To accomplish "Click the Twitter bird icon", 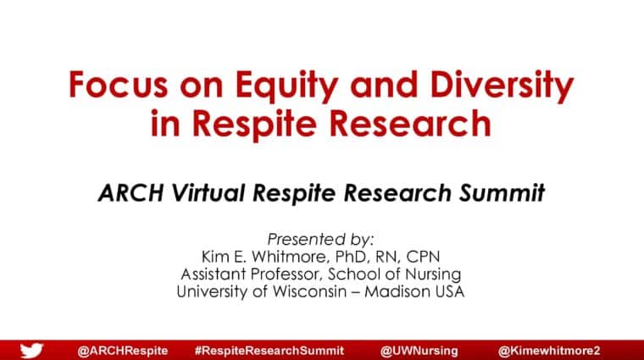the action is (31, 351).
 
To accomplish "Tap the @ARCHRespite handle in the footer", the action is (122, 351).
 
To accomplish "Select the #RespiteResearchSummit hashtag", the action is (269, 351).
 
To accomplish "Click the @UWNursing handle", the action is (419, 351).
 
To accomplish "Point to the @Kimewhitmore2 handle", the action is (549, 351).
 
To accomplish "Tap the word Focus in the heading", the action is (119, 85).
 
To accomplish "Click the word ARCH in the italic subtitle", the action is (131, 192).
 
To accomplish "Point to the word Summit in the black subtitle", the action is (502, 192).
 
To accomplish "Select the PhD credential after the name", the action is (351, 257).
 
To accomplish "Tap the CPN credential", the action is (423, 257).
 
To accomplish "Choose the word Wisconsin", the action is (309, 292).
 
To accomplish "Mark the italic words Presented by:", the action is (320, 240).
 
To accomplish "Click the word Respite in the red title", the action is (254, 124).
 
